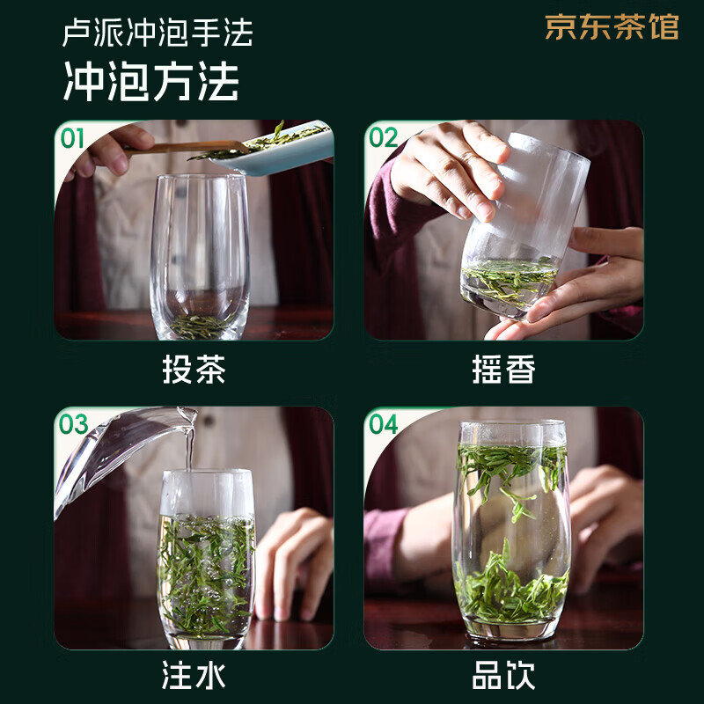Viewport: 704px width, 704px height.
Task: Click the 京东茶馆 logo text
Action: (612, 27)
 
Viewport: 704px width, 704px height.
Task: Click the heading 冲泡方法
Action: (150, 82)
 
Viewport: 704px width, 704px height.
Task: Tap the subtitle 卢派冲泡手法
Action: (158, 33)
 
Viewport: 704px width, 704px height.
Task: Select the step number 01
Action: (73, 138)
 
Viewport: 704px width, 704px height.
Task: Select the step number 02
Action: (383, 138)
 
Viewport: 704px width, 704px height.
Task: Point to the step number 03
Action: (73, 424)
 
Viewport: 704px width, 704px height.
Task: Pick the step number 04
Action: (383, 424)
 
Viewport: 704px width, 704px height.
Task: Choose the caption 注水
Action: (194, 676)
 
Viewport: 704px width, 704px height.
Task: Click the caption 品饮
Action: (503, 676)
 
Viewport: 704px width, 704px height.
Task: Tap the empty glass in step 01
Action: (200, 255)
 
